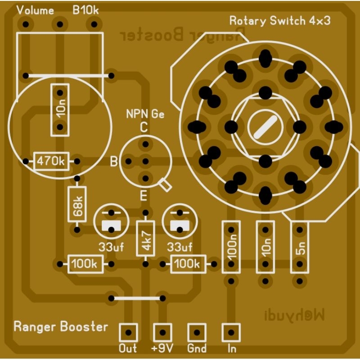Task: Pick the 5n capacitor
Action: pos(300,247)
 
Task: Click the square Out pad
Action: pos(128,333)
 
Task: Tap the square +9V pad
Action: pos(162,333)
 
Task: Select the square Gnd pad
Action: pos(197,333)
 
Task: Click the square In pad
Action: pos(231,333)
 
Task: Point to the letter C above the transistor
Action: pos(144,127)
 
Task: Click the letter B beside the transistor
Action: pos(114,161)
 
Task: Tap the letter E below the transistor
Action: pos(144,196)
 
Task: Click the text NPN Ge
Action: pos(145,114)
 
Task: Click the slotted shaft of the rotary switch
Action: pos(265,126)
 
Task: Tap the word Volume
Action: pos(35,10)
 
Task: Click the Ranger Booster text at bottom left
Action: pos(61,326)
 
